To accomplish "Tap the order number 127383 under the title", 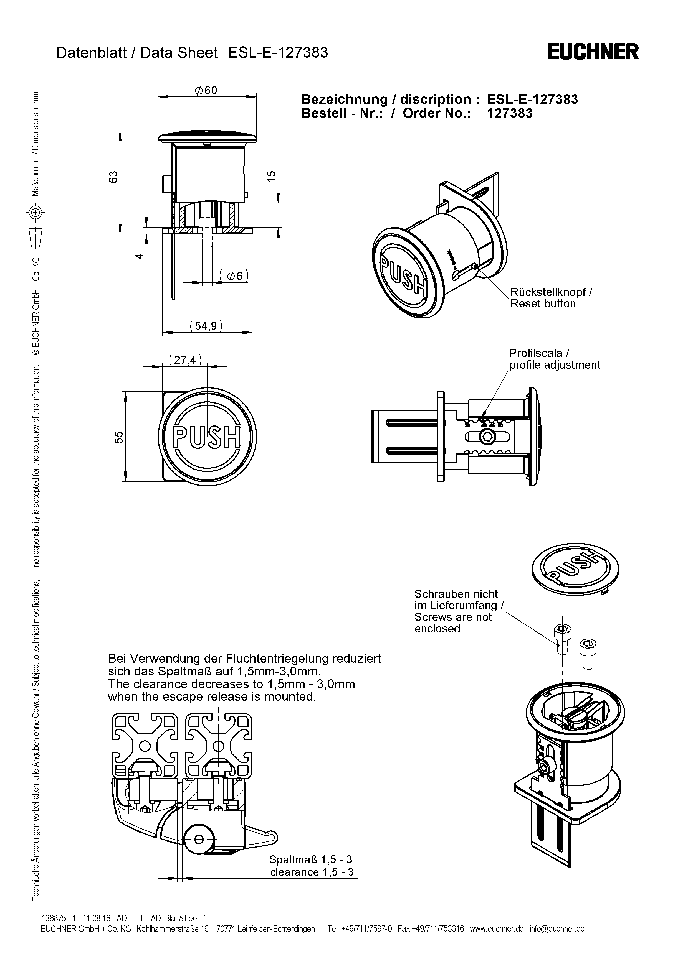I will click(x=510, y=113).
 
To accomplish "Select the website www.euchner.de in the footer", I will click(x=497, y=929).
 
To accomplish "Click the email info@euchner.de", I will click(x=557, y=929).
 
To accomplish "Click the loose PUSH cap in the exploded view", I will click(x=575, y=568).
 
